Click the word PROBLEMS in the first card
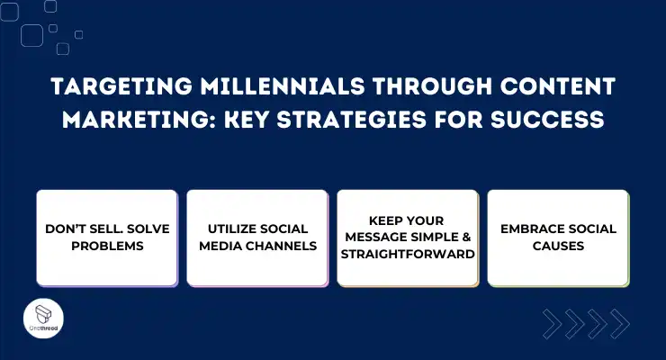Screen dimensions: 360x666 pyautogui.click(x=106, y=246)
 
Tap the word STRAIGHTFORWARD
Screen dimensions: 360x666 pyautogui.click(x=408, y=254)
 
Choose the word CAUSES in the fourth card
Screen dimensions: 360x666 pyautogui.click(x=558, y=246)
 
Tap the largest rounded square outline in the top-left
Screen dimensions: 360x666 pyautogui.click(x=32, y=35)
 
